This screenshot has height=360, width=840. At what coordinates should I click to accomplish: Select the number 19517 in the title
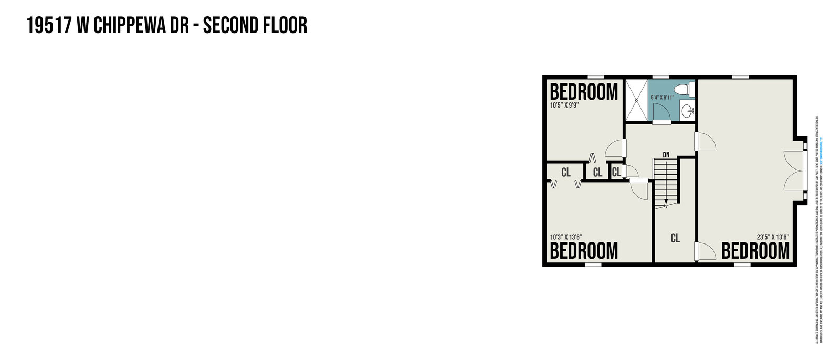coord(48,25)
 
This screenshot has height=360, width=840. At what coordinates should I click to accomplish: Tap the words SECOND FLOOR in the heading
coord(255,25)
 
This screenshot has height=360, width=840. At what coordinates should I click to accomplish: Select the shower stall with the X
coord(636,100)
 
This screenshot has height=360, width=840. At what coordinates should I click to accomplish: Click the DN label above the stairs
coord(666,155)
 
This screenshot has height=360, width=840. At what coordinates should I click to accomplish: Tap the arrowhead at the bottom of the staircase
coord(665,202)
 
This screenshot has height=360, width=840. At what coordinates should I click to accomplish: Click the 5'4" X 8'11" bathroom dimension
coord(662,98)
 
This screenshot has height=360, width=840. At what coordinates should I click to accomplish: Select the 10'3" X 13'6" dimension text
coord(566,237)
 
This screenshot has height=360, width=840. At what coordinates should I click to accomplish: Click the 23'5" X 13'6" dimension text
coord(773,237)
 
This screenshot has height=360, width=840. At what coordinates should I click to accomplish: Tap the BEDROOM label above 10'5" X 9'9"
coord(584,92)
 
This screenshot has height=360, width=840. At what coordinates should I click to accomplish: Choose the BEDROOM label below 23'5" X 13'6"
coord(755,251)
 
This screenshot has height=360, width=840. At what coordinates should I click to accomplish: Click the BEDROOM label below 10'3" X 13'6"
coord(584,251)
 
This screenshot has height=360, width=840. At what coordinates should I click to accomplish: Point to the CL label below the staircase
coord(675,238)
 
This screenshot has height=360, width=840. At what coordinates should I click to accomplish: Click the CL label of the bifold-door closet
coord(566,172)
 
